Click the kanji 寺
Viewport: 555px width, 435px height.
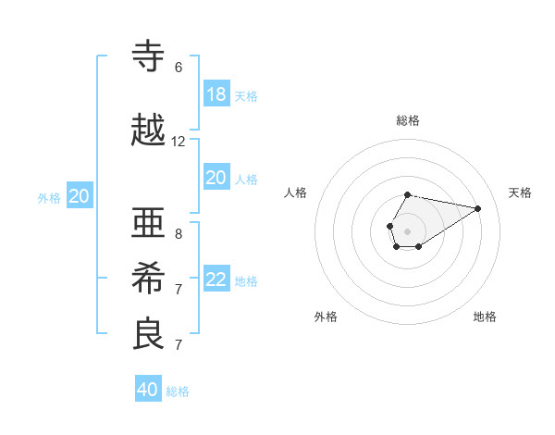pyautogui.click(x=149, y=57)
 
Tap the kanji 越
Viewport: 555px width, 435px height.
pyautogui.click(x=149, y=132)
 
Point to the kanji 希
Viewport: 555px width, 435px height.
pyautogui.click(x=149, y=279)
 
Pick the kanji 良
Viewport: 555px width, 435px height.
pyautogui.click(x=149, y=335)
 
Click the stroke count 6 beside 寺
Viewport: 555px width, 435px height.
pyautogui.click(x=179, y=68)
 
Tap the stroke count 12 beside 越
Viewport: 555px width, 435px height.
pyautogui.click(x=179, y=142)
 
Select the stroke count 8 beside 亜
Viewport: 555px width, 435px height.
pyautogui.click(x=179, y=233)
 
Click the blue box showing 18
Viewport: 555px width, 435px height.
pyautogui.click(x=216, y=94)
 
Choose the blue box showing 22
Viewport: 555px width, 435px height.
pyautogui.click(x=216, y=280)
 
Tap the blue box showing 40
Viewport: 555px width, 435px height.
pyautogui.click(x=148, y=390)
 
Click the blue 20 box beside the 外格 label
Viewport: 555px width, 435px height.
pyautogui.click(x=80, y=196)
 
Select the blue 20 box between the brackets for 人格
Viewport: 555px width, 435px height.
pyautogui.click(x=216, y=178)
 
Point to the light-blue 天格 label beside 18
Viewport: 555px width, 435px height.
pyautogui.click(x=246, y=95)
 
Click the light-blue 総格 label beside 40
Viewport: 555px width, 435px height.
pyautogui.click(x=178, y=391)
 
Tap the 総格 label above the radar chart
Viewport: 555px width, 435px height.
pyautogui.click(x=408, y=120)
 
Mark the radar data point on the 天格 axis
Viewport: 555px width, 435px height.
pyautogui.click(x=478, y=207)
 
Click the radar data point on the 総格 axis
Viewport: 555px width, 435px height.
pyautogui.click(x=408, y=194)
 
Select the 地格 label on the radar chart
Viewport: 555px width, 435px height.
pyautogui.click(x=485, y=317)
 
